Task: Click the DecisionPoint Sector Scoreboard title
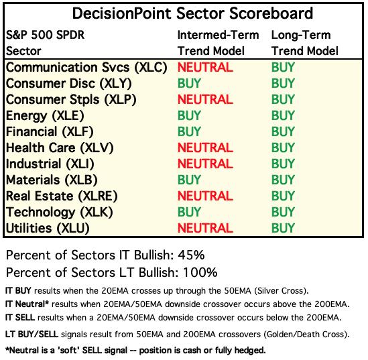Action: coord(192,13)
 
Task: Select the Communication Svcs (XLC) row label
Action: coord(86,68)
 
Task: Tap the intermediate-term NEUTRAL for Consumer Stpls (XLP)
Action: coord(205,99)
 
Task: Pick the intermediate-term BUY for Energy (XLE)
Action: coord(189,115)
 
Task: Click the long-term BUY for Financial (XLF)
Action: coord(283,131)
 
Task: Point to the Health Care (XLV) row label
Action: coord(60,148)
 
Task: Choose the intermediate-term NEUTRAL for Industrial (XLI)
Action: coord(205,164)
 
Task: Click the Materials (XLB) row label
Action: coord(52,180)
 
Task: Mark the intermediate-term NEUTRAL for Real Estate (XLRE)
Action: coord(205,196)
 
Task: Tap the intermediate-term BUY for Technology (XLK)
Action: coord(189,212)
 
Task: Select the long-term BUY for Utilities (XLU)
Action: coord(283,228)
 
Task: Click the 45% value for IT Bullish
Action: coord(191,255)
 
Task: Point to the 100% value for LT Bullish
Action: coord(200,273)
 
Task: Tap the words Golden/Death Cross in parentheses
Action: coord(305,334)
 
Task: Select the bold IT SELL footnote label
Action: coord(20,318)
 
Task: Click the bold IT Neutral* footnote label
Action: coord(27,304)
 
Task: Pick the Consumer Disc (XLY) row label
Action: coord(69,84)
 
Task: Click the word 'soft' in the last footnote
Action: coord(68,351)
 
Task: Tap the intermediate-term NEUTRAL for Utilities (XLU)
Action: coord(205,228)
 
